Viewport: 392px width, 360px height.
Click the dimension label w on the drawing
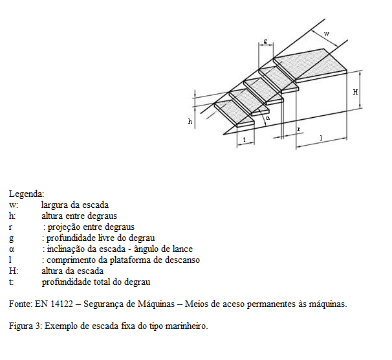click(x=326, y=33)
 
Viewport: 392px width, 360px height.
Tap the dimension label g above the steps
click(x=265, y=41)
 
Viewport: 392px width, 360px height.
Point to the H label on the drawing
click(x=355, y=92)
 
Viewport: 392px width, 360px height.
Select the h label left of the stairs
click(x=190, y=121)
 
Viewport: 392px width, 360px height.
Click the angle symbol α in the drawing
click(x=268, y=118)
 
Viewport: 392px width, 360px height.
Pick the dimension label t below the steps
click(x=244, y=139)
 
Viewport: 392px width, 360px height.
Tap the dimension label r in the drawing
click(x=298, y=129)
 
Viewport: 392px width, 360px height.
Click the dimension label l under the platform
click(x=321, y=138)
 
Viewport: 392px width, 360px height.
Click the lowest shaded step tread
click(x=234, y=110)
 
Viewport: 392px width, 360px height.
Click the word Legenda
click(x=27, y=194)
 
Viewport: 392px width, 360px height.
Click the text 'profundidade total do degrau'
click(x=96, y=282)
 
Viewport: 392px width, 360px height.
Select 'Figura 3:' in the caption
click(x=26, y=326)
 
